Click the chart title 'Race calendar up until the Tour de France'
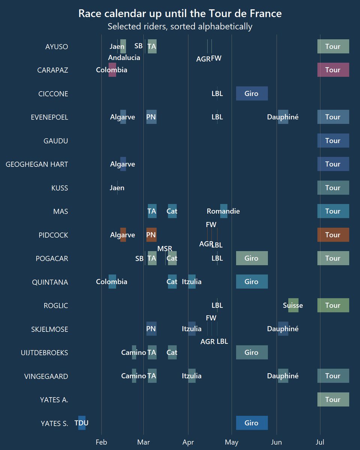(x=180, y=14)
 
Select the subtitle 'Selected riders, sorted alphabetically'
(x=180, y=27)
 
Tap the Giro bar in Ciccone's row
(x=252, y=93)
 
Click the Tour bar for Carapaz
(x=333, y=70)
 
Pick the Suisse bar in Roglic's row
(x=293, y=305)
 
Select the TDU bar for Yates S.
(x=82, y=423)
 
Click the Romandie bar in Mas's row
(x=223, y=211)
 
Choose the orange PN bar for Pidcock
(x=151, y=235)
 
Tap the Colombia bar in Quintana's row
(x=112, y=282)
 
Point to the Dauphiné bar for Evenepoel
(x=283, y=117)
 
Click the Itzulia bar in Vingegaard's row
(x=192, y=376)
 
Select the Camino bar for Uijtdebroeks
(x=134, y=352)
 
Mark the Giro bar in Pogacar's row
(x=252, y=258)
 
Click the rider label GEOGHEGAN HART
(x=37, y=164)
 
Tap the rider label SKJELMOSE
(x=49, y=329)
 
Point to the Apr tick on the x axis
(x=188, y=442)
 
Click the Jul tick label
(x=320, y=442)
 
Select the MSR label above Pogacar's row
(x=165, y=249)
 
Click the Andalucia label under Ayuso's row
(x=124, y=58)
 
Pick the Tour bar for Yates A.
(x=333, y=399)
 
